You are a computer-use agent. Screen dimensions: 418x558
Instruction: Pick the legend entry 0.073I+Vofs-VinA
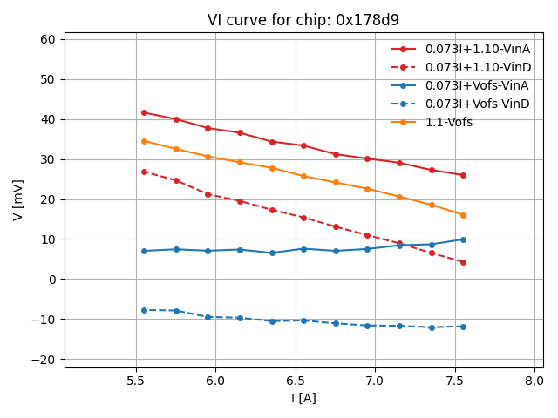pos(476,85)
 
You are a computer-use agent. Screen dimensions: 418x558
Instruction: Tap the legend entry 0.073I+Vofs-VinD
pos(476,104)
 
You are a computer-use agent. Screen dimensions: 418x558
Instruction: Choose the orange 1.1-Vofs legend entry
pos(448,122)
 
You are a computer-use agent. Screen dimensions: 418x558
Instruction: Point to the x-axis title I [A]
pos(303,398)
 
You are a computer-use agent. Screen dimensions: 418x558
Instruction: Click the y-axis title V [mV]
pos(18,199)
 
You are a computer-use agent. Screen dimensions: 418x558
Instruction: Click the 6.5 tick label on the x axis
pos(296,381)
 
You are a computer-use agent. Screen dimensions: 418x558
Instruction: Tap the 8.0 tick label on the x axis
pos(534,381)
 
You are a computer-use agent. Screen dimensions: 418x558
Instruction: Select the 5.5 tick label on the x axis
pos(136,381)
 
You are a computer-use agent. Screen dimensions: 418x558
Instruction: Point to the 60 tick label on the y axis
pos(48,39)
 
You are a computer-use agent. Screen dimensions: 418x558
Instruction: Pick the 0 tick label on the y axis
pos(51,280)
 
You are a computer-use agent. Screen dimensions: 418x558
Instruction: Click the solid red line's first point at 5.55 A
pos(144,112)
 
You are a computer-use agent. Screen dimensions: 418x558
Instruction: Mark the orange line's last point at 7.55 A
pos(463,215)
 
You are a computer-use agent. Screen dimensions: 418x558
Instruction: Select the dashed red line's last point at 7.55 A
pos(463,262)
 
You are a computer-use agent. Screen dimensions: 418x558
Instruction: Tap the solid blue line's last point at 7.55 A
pos(463,239)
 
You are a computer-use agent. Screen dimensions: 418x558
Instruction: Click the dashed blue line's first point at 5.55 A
pos(144,310)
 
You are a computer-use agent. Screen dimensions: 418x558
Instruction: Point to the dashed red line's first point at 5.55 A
pos(144,172)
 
